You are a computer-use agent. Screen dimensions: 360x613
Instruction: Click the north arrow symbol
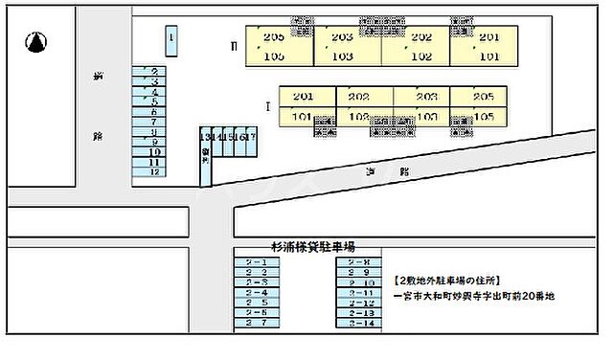pyautogui.click(x=37, y=42)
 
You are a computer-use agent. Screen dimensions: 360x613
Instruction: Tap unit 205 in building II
pyautogui.click(x=274, y=37)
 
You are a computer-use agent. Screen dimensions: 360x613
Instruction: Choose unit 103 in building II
pyautogui.click(x=342, y=56)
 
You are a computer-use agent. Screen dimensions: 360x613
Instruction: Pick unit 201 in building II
pyautogui.click(x=489, y=37)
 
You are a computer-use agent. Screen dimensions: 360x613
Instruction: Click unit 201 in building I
pyautogui.click(x=304, y=97)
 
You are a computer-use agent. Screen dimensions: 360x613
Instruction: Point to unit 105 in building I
pyautogui.click(x=484, y=117)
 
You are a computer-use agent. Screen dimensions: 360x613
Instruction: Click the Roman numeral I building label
pyautogui.click(x=267, y=106)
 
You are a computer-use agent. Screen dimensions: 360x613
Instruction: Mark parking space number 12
pyautogui.click(x=153, y=172)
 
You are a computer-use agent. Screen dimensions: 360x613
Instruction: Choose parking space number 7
pyautogui.click(x=153, y=122)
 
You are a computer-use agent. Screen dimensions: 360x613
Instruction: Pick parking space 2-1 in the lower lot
pyautogui.click(x=257, y=261)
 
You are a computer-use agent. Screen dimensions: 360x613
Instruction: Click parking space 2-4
pyautogui.click(x=257, y=293)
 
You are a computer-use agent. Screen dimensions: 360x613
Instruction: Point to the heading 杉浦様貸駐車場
pyautogui.click(x=312, y=245)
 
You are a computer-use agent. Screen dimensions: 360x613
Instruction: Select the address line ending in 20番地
pyautogui.click(x=473, y=297)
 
